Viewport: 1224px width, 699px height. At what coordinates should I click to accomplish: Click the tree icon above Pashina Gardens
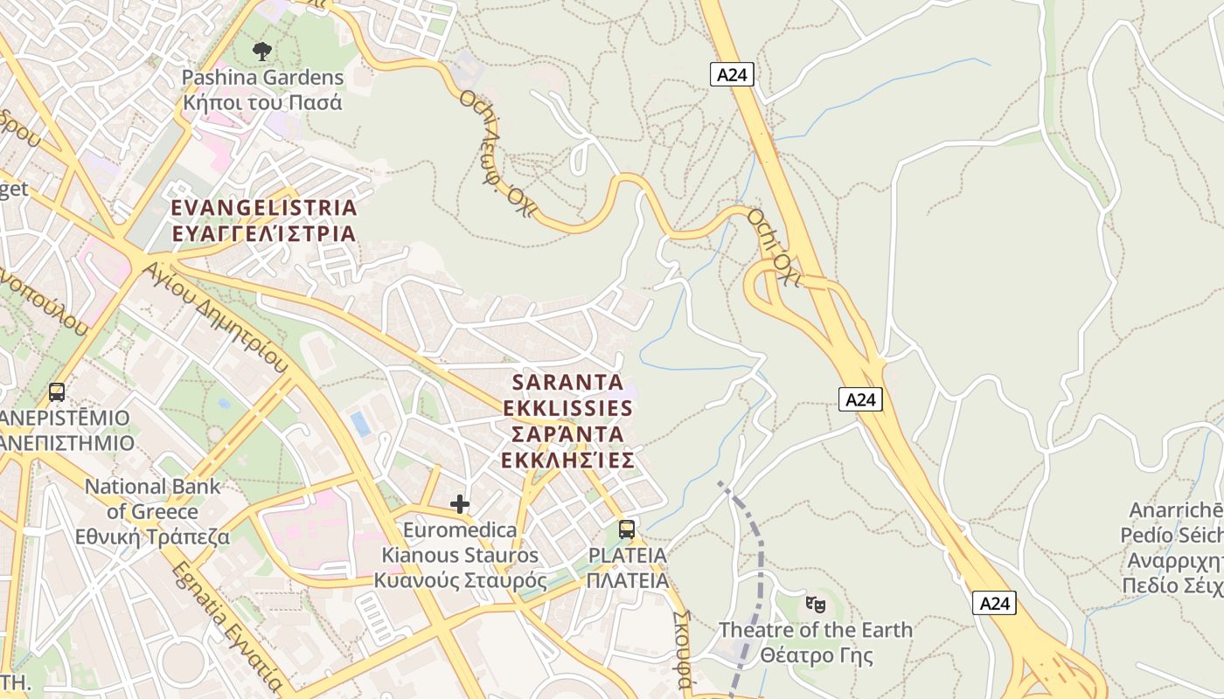coord(261,52)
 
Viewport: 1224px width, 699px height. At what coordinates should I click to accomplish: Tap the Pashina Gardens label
coord(262,78)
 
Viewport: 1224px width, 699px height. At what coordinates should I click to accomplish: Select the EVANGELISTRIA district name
coord(264,208)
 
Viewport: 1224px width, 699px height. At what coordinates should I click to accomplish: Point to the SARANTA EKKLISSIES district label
coord(568,421)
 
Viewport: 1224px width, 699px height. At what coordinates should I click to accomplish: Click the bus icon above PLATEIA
coord(627,529)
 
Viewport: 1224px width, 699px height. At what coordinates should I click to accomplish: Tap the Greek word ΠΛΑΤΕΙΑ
coord(628,581)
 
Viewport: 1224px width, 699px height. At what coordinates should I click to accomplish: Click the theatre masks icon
coord(815,604)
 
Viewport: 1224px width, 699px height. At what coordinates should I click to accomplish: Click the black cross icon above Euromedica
coord(460,504)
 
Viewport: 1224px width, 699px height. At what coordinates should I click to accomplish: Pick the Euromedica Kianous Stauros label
coord(461,555)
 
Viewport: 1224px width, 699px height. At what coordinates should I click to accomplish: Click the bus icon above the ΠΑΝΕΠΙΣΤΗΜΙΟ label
coord(57,392)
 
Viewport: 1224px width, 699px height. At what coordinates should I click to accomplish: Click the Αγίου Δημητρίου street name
coord(217,315)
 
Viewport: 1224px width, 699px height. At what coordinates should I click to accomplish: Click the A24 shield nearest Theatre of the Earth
coord(994,603)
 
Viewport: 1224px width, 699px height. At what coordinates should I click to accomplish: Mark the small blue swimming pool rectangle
coord(360,424)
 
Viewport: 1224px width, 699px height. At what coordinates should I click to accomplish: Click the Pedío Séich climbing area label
coord(1172,536)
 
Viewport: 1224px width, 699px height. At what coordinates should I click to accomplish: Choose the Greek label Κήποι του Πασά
coord(262,102)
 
